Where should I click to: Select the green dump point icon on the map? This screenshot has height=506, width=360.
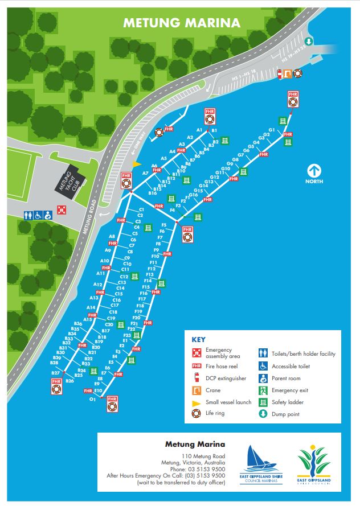tap(308, 41)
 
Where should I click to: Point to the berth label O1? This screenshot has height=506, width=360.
tap(92, 400)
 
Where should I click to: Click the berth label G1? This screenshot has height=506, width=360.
tap(272, 130)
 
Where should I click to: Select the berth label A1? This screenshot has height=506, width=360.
tap(199, 130)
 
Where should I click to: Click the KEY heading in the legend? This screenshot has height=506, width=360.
tap(198, 340)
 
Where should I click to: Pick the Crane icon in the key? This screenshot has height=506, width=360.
tap(197, 390)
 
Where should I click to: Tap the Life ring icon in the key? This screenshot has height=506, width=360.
tap(197, 413)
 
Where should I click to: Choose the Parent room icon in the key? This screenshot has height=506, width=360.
tap(263, 378)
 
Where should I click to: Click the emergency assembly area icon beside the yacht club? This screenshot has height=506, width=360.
tap(62, 209)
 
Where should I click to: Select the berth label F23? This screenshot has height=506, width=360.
tap(128, 336)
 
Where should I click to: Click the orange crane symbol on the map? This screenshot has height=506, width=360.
tap(288, 73)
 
